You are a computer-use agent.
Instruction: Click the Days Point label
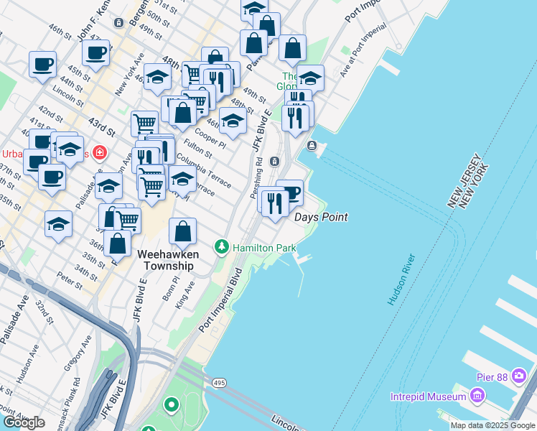coord(322,217)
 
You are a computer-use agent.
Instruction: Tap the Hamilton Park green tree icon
coord(222,248)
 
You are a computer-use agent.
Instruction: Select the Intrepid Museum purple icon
coord(477,396)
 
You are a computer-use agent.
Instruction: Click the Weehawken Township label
coord(165,259)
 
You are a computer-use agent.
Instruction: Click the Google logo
coord(24,422)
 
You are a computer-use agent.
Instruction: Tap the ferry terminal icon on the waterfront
coord(312,146)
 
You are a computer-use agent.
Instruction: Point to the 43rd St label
coord(102,128)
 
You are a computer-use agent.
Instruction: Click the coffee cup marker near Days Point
coord(291,193)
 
